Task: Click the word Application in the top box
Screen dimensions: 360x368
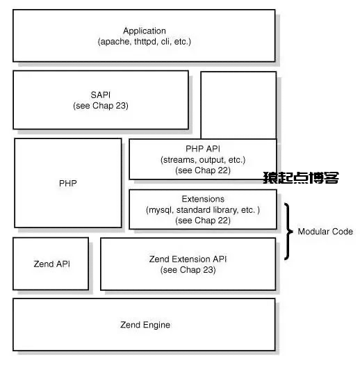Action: click(x=145, y=31)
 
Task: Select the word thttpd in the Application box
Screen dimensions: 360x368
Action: click(x=145, y=42)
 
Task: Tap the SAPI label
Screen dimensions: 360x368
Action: click(x=100, y=95)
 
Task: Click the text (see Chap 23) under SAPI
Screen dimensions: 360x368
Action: click(x=101, y=106)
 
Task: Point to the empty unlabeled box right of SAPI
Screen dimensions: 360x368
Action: click(x=238, y=105)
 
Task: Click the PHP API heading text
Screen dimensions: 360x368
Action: click(x=203, y=149)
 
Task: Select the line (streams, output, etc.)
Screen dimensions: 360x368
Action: click(x=203, y=160)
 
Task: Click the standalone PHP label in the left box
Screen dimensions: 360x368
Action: click(x=68, y=183)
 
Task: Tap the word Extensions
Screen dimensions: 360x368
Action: click(x=203, y=199)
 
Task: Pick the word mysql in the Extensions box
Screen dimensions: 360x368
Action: click(x=161, y=210)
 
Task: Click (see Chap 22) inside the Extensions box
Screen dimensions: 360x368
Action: click(x=203, y=221)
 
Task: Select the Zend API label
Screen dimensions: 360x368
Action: click(x=52, y=264)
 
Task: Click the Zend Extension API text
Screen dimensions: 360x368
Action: click(x=188, y=259)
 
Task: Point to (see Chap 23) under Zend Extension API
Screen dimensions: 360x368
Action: click(x=188, y=270)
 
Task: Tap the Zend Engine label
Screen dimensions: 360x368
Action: click(x=145, y=325)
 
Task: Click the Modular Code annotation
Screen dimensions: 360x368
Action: click(x=325, y=232)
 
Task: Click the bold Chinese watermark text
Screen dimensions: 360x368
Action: click(x=301, y=177)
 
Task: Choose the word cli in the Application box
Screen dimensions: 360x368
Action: click(x=165, y=42)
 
